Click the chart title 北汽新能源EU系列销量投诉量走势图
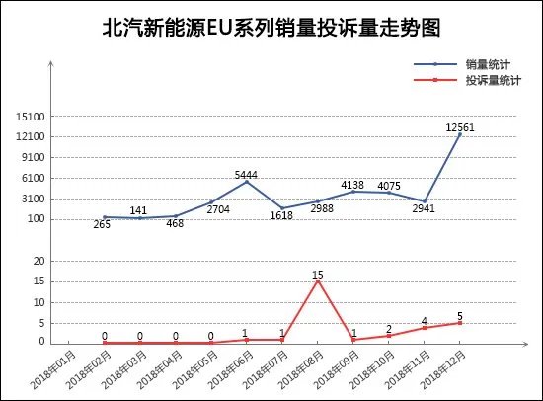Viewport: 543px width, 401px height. coord(271,28)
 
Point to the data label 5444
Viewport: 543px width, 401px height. coord(247,175)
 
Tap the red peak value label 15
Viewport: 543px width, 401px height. coord(317,274)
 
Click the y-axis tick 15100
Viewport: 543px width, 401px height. coord(29,117)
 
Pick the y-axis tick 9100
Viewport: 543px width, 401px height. coord(32,158)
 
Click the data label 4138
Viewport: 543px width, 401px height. coord(352,185)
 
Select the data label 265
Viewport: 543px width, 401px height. coord(102,225)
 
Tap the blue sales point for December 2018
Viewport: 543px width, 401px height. coord(459,135)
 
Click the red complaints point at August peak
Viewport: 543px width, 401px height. coord(317,281)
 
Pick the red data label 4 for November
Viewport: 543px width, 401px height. coord(424,320)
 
